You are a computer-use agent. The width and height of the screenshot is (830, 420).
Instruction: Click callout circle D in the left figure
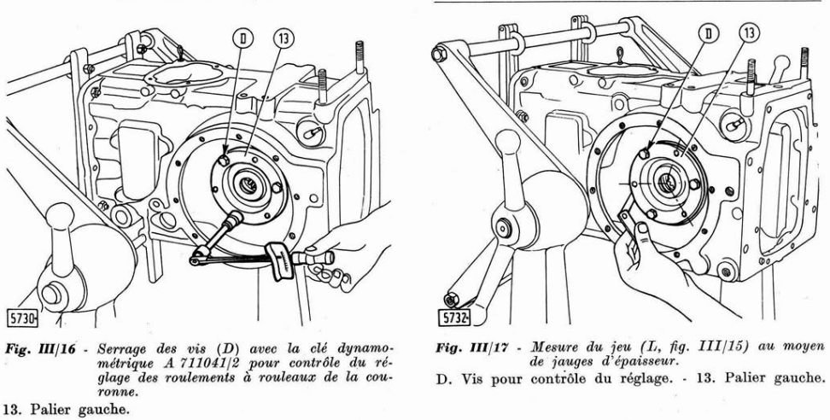243,38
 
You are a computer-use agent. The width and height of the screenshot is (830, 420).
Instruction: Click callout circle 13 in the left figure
283,38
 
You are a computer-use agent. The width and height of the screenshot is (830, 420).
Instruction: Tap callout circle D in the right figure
708,33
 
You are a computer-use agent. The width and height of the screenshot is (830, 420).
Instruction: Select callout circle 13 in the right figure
749,33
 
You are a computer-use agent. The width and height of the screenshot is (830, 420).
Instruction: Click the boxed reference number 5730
21,318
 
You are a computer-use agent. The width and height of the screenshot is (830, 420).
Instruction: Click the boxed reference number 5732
454,318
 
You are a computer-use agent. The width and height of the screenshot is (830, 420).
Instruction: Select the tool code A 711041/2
198,364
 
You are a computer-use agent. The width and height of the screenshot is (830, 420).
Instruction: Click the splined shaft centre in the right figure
666,184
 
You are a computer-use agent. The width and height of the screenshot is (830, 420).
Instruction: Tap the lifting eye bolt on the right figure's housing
620,55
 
